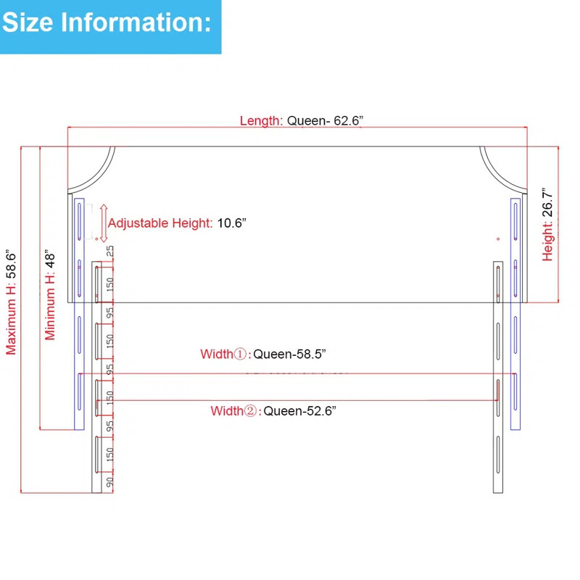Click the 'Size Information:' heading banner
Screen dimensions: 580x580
coord(111,27)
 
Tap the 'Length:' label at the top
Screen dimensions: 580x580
coord(261,121)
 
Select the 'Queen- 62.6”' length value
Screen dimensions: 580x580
coord(325,120)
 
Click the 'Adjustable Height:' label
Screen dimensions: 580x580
coord(160,223)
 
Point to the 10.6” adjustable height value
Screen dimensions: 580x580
coord(231,223)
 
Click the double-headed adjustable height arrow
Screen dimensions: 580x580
coord(104,223)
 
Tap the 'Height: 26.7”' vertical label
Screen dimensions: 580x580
coord(547,226)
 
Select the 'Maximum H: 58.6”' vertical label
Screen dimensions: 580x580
coord(11,302)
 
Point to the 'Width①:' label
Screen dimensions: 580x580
coord(225,354)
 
